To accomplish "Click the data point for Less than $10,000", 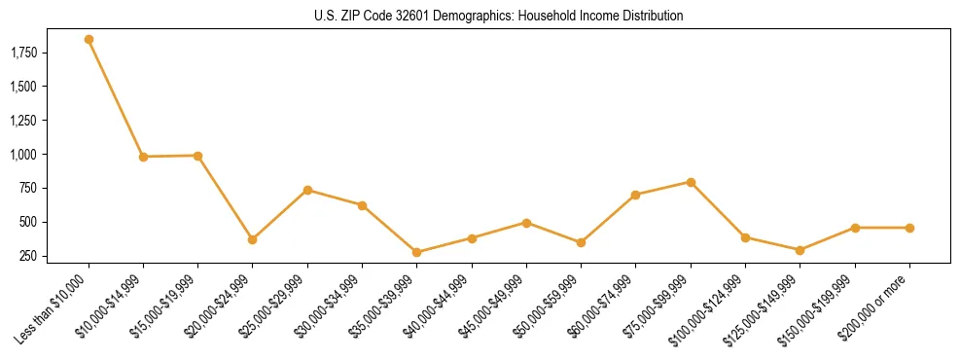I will point(89,40).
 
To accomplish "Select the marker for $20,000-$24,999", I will point(253,239).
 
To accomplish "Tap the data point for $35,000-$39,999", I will point(417,252).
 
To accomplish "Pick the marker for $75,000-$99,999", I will point(691,182).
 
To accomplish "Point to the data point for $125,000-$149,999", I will point(800,250).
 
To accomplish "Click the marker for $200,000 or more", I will point(909,228).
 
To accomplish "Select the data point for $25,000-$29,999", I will point(307,190).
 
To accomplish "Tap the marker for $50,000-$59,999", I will point(581,242).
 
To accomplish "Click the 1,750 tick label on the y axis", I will point(22,53).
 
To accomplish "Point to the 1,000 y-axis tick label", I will point(22,155).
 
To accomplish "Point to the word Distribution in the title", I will point(654,17).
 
